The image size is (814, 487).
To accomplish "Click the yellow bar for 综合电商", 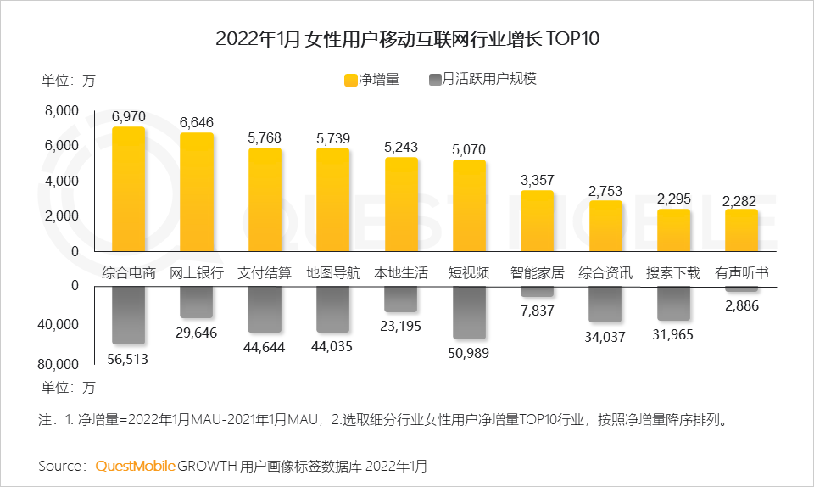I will click(x=129, y=189).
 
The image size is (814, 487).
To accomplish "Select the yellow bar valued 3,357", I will click(x=538, y=221).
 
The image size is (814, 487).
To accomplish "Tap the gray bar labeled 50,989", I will click(x=469, y=312).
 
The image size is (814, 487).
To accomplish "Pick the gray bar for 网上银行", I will click(x=197, y=302).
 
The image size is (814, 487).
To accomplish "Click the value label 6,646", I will click(x=197, y=122).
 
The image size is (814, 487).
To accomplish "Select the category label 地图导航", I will click(x=333, y=273).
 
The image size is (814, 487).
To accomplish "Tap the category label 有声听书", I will click(x=742, y=273).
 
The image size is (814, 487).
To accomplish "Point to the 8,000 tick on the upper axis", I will click(x=62, y=110).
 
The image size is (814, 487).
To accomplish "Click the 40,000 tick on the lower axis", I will click(x=59, y=325).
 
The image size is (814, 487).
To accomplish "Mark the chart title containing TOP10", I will click(x=407, y=39).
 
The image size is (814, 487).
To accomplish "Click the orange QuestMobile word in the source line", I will click(x=136, y=466).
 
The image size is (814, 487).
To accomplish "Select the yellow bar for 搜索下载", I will click(x=673, y=230).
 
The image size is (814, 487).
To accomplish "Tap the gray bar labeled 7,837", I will click(x=538, y=291).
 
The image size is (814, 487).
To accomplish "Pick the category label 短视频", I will click(x=469, y=273).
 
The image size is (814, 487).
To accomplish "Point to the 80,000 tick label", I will click(x=59, y=365).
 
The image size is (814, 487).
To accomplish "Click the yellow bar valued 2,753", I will click(x=605, y=226).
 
